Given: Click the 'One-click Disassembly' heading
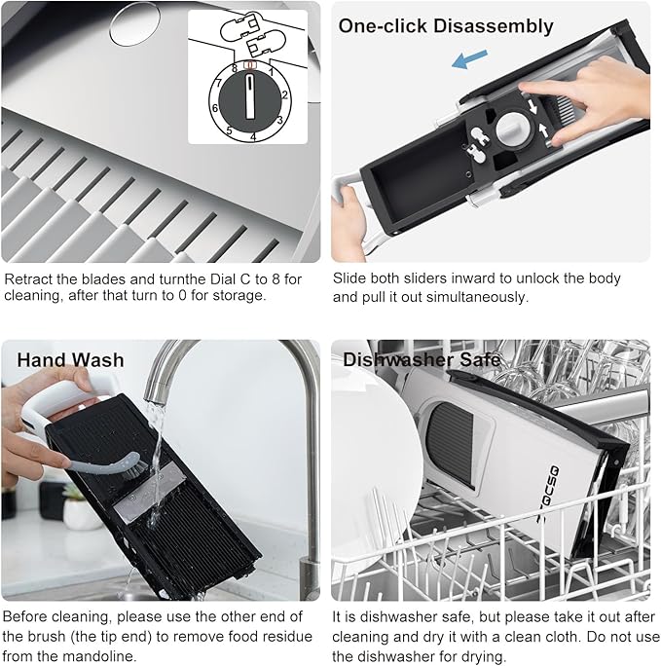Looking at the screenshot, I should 445,26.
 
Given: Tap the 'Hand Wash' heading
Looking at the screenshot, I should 70,359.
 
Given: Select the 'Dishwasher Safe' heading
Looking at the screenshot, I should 421,359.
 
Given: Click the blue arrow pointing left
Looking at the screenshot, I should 469,60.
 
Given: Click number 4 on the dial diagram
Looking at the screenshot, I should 253,136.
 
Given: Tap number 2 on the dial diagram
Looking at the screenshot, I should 284,95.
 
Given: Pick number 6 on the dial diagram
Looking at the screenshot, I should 215,108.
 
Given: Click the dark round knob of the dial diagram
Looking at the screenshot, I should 249,100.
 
